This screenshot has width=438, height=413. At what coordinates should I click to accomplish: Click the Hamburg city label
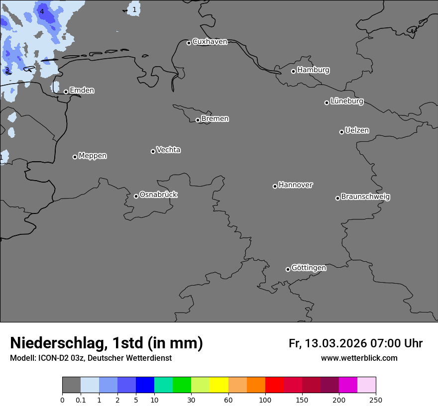click(313, 70)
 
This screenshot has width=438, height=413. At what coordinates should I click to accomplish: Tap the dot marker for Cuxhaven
click(189, 43)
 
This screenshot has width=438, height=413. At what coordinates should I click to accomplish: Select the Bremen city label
click(215, 119)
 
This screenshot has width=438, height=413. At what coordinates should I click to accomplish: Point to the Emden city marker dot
click(66, 92)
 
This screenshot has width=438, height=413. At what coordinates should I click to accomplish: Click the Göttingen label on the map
click(309, 268)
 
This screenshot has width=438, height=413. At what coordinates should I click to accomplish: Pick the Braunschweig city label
click(365, 197)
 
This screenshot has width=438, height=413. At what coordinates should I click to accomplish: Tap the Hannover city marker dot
click(275, 186)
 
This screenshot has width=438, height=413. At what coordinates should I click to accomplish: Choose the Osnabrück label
click(158, 195)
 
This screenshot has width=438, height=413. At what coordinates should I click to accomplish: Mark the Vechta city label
click(168, 150)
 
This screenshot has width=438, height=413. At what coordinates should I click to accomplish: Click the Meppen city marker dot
click(75, 157)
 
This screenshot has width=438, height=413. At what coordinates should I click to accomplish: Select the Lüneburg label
click(346, 102)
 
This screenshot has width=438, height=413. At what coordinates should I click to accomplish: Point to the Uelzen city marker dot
click(341, 132)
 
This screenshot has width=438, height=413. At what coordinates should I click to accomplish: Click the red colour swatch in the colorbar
click(274, 385)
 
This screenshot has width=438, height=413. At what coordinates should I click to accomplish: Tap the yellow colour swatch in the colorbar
click(219, 385)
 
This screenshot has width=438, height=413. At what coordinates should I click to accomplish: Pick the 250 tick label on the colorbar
click(376, 400)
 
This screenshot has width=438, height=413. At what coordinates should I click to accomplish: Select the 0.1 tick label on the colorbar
click(81, 400)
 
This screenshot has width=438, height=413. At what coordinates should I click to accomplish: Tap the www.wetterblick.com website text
click(359, 358)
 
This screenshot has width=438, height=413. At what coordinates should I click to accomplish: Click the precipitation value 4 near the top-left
click(42, 11)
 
